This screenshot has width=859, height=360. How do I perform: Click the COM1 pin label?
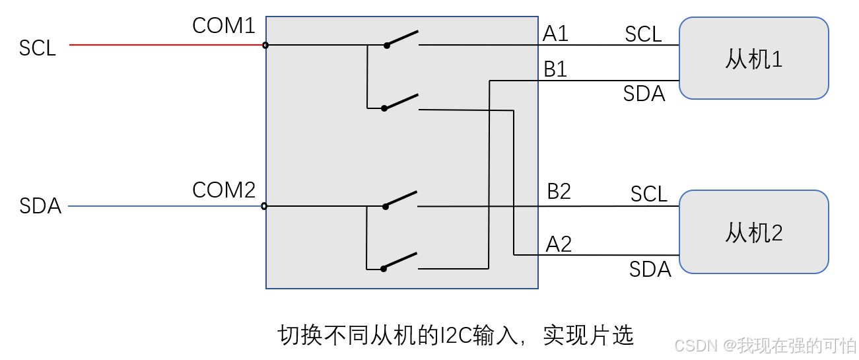tap(223, 26)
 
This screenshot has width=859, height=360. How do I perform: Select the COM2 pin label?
tap(223, 190)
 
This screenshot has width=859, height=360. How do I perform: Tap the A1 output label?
tap(555, 34)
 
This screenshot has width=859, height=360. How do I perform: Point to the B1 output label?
tap(555, 69)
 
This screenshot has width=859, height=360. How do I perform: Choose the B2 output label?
tap(559, 192)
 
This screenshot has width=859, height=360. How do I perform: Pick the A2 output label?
tap(559, 244)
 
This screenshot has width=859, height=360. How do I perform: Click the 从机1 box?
tap(753, 58)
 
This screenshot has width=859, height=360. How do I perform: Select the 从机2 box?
tap(753, 232)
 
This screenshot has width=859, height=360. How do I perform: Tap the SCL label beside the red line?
tap(38, 48)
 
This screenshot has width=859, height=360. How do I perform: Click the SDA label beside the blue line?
tap(40, 207)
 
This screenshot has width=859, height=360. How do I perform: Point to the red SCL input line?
tap(165, 45)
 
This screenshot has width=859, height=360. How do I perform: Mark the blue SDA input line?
tap(165, 206)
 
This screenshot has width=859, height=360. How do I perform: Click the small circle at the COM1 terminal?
tap(265, 45)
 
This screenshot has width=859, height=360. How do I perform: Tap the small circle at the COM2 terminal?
tap(264, 206)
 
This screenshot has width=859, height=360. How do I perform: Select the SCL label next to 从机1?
tap(643, 34)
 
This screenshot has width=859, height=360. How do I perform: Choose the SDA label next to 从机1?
tap(644, 94)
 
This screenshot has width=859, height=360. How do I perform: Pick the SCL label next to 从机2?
tap(648, 194)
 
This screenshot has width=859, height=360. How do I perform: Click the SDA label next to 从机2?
tap(650, 270)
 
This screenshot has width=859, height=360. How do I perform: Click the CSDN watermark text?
tap(697, 345)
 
